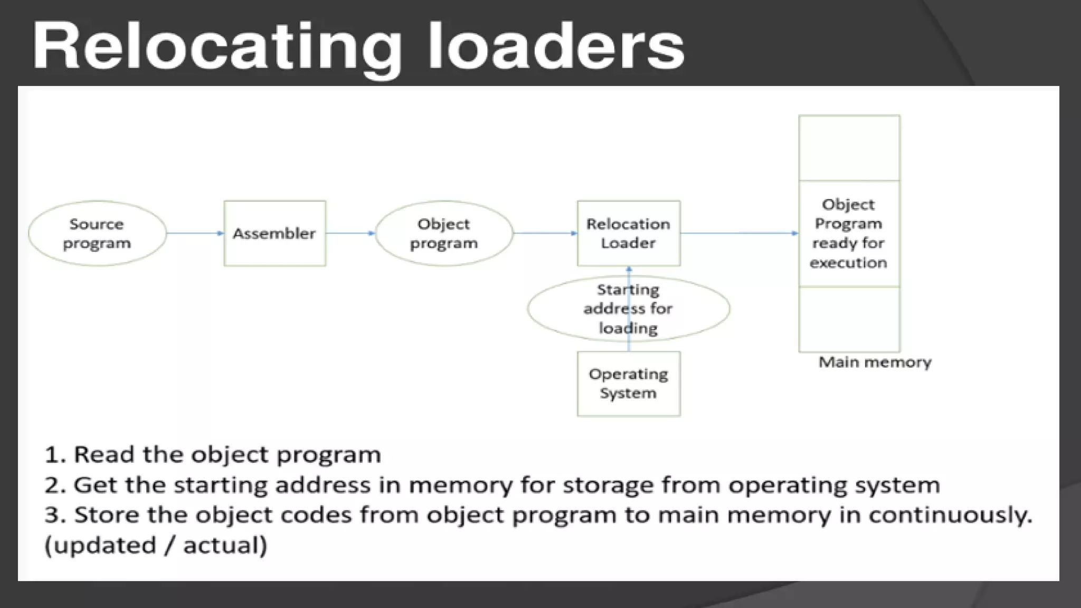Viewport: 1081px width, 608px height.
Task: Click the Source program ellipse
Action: pos(97,233)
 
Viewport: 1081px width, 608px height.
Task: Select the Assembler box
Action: pos(274,233)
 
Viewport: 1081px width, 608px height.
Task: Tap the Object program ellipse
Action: pos(443,233)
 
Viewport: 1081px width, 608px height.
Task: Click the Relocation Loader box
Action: pos(628,233)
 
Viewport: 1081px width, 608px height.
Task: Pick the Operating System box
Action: pos(628,384)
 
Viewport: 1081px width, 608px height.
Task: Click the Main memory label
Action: pos(875,363)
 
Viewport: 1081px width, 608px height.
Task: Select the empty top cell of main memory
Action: pos(849,148)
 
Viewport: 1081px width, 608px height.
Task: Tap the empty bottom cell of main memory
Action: pos(849,319)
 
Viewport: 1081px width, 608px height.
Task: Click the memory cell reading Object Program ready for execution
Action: pos(849,233)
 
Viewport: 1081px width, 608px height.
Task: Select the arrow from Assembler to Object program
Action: pos(350,233)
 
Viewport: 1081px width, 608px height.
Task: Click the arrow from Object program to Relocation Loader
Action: pos(545,233)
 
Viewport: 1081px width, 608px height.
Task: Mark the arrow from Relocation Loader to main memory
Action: pos(739,233)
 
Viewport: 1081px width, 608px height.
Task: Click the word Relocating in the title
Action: pos(216,47)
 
